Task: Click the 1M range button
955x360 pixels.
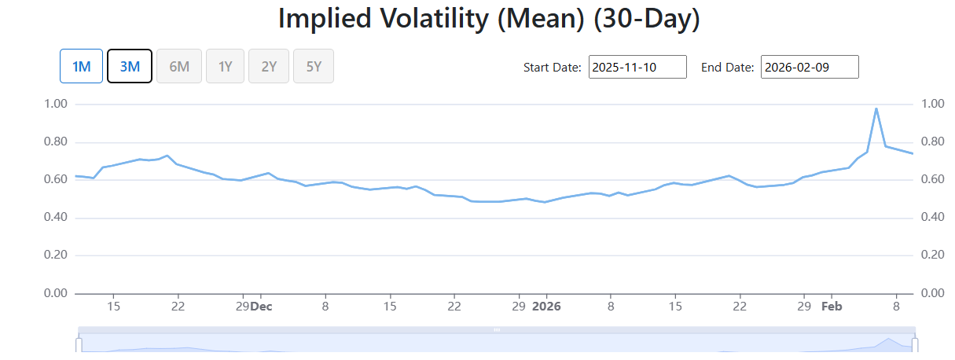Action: tap(81, 66)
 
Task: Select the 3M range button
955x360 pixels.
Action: tap(130, 66)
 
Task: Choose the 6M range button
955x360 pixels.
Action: tap(179, 66)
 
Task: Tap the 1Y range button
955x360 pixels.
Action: tap(225, 66)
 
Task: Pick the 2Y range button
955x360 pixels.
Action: tap(269, 66)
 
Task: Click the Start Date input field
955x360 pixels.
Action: tap(637, 67)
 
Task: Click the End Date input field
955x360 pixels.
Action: tap(810, 67)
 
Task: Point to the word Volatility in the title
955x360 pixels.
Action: tap(434, 19)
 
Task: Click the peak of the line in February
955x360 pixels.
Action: tap(876, 108)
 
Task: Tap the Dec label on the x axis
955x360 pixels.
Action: tap(261, 307)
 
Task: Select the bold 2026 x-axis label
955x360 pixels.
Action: tap(546, 307)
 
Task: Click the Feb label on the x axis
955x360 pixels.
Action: tap(832, 307)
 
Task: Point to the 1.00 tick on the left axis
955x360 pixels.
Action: tap(56, 104)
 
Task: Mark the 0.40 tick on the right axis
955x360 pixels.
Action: tap(933, 217)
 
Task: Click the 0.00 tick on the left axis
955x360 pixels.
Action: tap(56, 293)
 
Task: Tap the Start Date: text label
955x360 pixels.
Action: tap(552, 68)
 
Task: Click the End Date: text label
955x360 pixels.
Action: tap(727, 68)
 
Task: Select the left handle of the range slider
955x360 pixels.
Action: tap(79, 345)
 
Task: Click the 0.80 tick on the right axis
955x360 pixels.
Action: tap(933, 141)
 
